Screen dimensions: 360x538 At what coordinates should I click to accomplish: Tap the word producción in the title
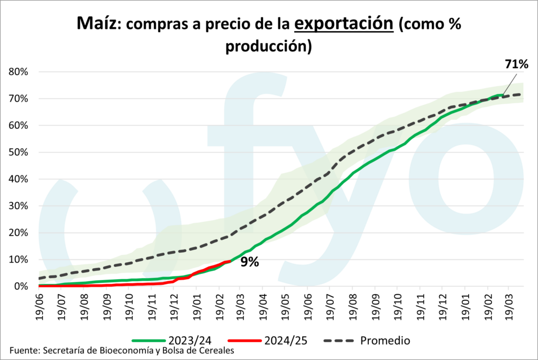(x=269, y=46)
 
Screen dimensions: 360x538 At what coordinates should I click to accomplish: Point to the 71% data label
(x=516, y=64)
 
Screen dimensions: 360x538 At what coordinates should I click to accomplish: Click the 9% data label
(x=250, y=262)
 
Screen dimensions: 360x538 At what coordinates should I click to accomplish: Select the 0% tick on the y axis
(x=20, y=286)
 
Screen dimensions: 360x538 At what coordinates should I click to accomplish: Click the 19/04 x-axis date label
(x=262, y=305)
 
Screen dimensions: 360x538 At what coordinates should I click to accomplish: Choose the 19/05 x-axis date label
(x=284, y=305)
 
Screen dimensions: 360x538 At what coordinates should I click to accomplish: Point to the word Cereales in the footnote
(x=215, y=351)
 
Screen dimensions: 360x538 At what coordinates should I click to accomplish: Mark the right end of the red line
(x=230, y=261)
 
